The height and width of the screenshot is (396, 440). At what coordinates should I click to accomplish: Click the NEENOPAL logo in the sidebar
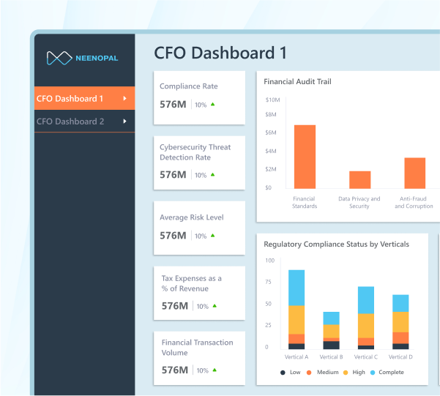click(x=81, y=58)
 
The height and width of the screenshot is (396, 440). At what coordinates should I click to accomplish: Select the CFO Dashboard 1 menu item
click(x=70, y=98)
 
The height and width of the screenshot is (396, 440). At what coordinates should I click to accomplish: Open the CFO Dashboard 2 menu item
click(x=70, y=122)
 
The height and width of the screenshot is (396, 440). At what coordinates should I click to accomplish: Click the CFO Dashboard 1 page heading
click(x=220, y=53)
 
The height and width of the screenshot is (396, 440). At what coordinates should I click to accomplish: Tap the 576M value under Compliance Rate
click(x=174, y=105)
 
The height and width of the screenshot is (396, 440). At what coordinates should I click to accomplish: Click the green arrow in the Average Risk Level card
click(x=213, y=236)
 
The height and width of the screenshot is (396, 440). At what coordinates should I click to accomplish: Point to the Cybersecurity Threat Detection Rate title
click(x=195, y=152)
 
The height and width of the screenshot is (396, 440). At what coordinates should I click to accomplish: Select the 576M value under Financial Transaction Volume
click(x=174, y=370)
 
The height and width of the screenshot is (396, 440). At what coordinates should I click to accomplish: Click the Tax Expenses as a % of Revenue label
click(x=191, y=283)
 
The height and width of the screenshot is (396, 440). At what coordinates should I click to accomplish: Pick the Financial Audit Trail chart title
click(x=297, y=81)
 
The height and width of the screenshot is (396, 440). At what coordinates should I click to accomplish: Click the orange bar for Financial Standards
click(x=305, y=157)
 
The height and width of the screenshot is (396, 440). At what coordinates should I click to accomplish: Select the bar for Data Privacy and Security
click(x=359, y=180)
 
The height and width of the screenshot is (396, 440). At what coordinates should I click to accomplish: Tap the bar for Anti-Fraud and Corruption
click(x=414, y=173)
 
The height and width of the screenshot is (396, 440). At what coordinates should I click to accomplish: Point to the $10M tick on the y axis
click(x=272, y=100)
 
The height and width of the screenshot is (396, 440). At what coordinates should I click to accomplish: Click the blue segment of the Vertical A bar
click(x=297, y=288)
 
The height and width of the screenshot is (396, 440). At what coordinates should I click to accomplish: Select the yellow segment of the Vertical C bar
click(x=366, y=326)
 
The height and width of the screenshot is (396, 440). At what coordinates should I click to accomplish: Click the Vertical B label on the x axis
click(x=331, y=356)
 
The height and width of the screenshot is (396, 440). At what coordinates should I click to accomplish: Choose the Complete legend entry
click(x=387, y=373)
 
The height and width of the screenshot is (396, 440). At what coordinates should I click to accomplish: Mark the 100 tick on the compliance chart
click(x=269, y=261)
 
